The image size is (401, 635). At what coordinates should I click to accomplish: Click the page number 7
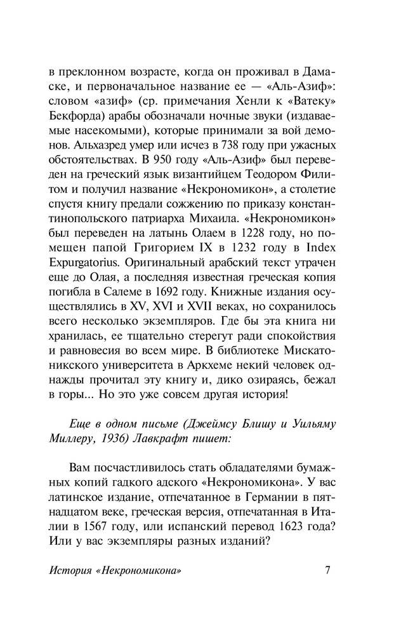click(x=327, y=570)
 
